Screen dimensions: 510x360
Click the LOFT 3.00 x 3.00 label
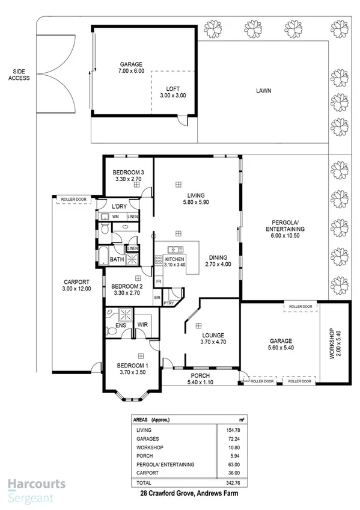coord(172,91)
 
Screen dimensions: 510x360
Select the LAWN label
coord(263,91)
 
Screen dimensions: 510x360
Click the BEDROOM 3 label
coord(127,175)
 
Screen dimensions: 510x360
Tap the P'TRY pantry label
coord(169,303)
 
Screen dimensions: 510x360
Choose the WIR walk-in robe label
coord(142,325)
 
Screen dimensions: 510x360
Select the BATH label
coord(117,260)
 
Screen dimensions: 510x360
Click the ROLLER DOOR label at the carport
coord(73,199)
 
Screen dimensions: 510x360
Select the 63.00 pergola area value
coord(226,465)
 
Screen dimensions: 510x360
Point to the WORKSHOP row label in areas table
coord(150,447)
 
